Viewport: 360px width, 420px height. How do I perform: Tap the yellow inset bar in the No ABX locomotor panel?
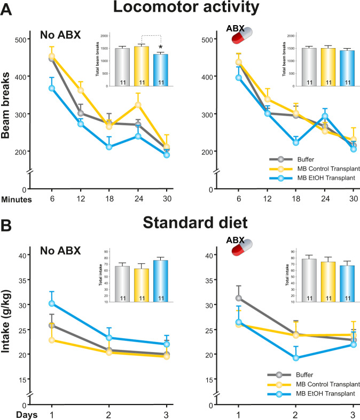click(141, 67)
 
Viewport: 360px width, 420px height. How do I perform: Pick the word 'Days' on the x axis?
click(13, 414)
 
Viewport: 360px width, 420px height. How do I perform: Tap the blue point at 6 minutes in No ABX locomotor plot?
click(52, 88)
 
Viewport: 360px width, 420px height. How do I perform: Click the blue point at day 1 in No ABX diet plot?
click(51, 304)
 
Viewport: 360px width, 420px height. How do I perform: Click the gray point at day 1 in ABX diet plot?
click(239, 298)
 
